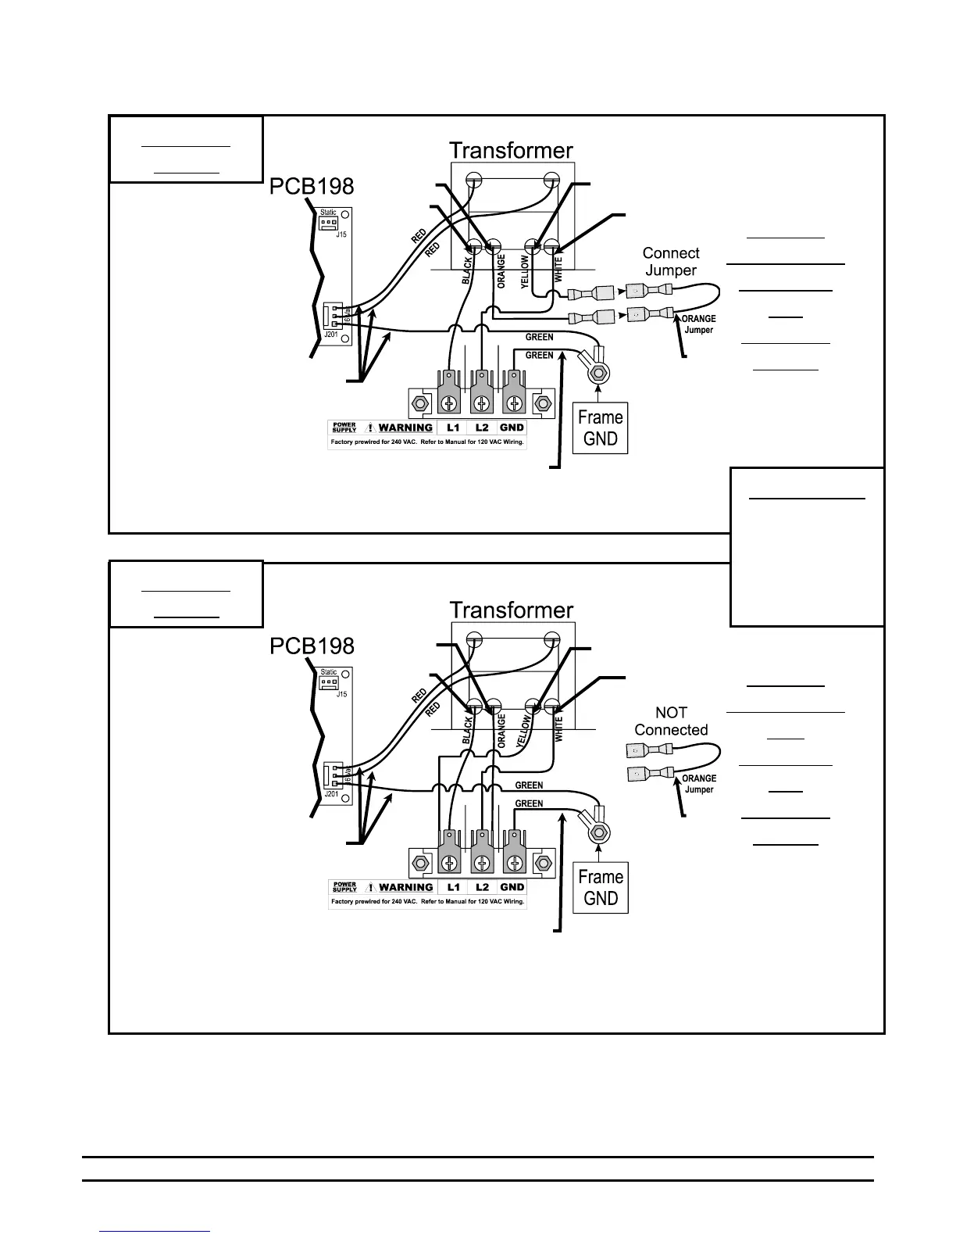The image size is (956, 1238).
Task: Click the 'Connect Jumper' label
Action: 670,262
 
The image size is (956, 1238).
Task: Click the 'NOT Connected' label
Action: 670,721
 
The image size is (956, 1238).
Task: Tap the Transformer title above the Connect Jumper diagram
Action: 511,150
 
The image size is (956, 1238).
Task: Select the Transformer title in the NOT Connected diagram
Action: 511,610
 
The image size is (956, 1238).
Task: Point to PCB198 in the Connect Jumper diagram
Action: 312,186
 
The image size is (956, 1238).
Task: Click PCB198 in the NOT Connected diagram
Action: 312,646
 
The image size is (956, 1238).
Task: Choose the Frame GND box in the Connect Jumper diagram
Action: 600,428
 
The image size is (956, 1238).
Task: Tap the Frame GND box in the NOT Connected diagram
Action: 600,888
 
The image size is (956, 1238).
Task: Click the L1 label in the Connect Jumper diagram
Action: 453,428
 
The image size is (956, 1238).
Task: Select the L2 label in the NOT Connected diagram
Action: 483,887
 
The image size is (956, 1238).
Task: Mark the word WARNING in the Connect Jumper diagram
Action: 405,428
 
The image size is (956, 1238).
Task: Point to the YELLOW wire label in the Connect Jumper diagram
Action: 525,271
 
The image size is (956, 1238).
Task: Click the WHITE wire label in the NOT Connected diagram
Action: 558,729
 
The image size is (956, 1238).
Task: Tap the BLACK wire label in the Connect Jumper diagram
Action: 467,270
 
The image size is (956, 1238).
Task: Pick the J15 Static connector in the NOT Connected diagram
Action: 329,683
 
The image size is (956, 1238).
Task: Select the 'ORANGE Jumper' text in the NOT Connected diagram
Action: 698,784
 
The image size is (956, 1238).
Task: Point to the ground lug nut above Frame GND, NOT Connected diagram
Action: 599,832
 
